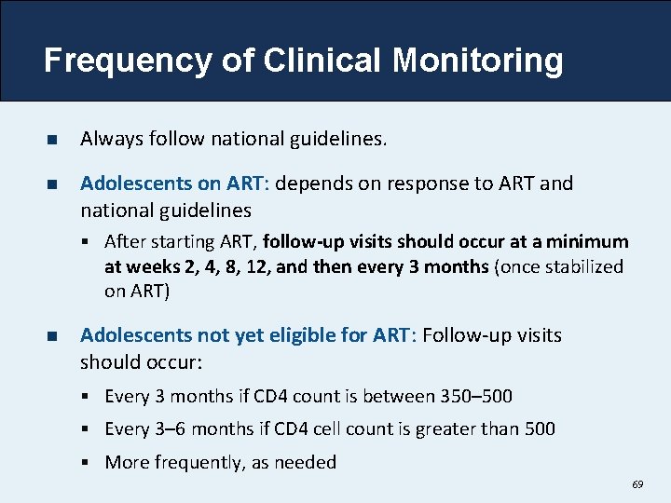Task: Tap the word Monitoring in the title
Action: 477,61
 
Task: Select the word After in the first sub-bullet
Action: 123,242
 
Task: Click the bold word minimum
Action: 589,242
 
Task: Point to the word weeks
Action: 148,266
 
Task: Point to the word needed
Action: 307,462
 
